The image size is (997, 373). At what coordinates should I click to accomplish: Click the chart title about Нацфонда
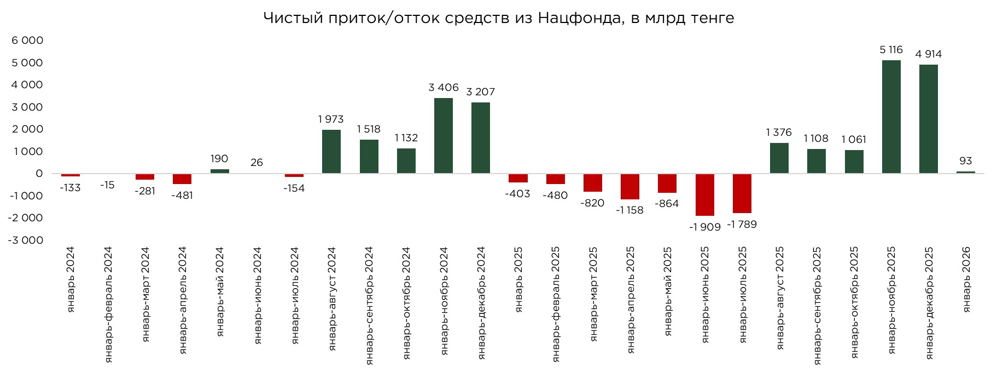[x=498, y=18]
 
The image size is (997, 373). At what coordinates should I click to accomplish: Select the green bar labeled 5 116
[x=891, y=117]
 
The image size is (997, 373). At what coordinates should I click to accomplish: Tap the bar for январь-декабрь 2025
[x=929, y=119]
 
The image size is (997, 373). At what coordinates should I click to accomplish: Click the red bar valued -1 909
[x=705, y=194]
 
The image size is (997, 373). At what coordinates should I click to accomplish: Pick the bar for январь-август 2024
[x=331, y=152]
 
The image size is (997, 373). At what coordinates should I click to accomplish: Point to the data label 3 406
[x=444, y=87]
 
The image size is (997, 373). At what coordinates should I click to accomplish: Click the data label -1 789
[x=742, y=224]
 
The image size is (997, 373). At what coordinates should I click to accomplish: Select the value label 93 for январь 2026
[x=965, y=161]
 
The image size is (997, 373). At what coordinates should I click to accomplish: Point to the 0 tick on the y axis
[x=39, y=174]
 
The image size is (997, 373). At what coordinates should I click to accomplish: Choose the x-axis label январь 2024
[x=71, y=279]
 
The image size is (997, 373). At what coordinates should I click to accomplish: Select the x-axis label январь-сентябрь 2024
[x=369, y=306]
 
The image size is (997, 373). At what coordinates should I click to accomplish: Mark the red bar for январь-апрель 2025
[x=630, y=186]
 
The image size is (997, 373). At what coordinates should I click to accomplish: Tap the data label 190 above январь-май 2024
[x=219, y=159]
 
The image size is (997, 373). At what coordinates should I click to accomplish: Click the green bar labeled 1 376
[x=779, y=158]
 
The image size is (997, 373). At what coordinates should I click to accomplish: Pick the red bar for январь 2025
[x=518, y=178]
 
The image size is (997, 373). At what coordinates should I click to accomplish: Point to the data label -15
[x=107, y=185]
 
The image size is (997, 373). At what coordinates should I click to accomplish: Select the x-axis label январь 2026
[x=966, y=279]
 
